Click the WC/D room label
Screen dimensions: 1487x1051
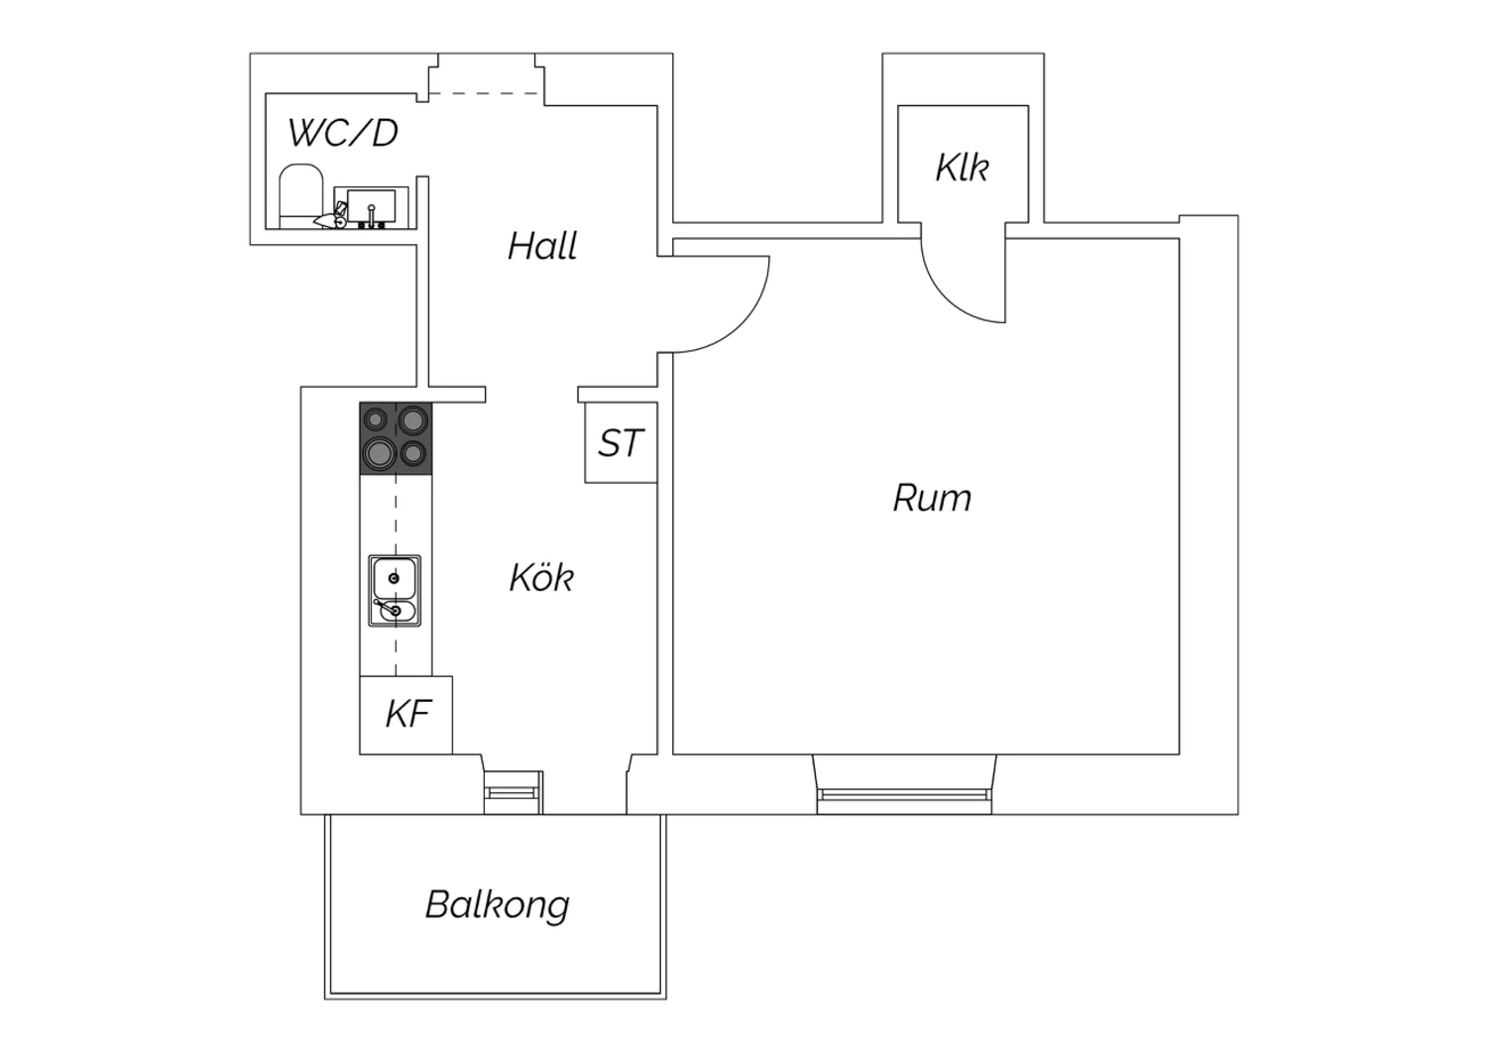[343, 133]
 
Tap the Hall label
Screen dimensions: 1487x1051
[542, 246]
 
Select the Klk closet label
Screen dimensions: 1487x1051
[962, 168]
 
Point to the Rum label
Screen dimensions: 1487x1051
[932, 498]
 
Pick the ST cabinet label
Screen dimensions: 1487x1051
[621, 443]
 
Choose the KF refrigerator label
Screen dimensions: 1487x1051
[408, 715]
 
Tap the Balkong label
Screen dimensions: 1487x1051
[498, 905]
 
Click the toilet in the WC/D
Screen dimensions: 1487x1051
[300, 196]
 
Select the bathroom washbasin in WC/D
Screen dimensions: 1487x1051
[371, 208]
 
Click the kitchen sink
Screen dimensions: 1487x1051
[395, 591]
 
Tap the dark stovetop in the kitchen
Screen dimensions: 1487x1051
[396, 438]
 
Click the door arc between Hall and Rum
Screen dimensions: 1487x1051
[743, 324]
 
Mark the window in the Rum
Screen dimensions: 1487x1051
[904, 795]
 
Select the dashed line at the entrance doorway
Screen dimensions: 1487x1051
[483, 93]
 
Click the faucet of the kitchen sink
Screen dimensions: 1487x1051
[385, 606]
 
